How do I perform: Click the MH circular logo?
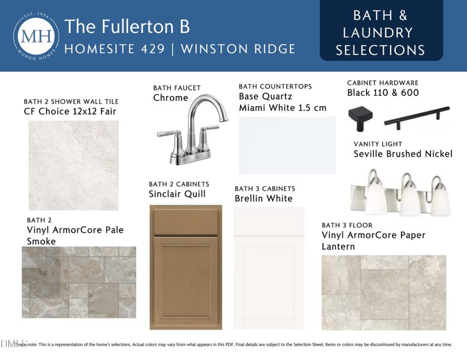point(36,36)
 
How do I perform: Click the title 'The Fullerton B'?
point(127,26)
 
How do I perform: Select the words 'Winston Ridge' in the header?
point(238,49)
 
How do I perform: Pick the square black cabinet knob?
point(360,117)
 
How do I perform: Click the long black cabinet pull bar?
point(417,117)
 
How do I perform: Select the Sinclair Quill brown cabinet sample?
point(185,267)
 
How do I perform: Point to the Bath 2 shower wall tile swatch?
point(73,165)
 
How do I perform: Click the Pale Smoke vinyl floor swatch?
point(79,282)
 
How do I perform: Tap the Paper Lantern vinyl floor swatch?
point(384,292)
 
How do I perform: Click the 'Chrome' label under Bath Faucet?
point(170,98)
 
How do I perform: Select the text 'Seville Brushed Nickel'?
point(403,154)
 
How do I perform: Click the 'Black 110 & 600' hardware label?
point(383,93)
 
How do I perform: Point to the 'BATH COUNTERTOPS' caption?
point(275,86)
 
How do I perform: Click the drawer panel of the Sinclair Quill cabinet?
point(185,221)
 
